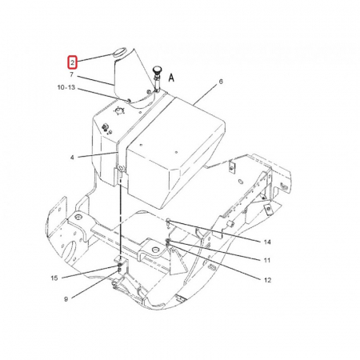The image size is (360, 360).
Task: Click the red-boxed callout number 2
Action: tap(72, 63)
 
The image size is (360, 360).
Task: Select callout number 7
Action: tap(71, 74)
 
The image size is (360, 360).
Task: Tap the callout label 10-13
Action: tap(66, 87)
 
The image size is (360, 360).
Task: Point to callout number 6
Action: tap(221, 82)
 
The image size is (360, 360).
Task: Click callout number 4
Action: tap(72, 158)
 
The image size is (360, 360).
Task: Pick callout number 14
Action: tap(267, 242)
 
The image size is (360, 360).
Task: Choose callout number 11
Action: tap(267, 260)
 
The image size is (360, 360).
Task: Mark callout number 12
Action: tap(267, 280)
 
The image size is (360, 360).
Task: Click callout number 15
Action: tap(54, 278)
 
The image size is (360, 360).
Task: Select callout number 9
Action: tap(66, 299)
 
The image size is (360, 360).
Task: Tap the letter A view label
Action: tap(171, 78)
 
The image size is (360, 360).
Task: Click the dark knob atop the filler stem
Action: tap(156, 71)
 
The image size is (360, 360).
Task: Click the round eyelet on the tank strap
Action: tap(121, 168)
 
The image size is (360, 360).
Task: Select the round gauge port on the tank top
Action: tap(120, 110)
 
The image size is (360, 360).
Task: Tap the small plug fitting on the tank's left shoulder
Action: tap(105, 126)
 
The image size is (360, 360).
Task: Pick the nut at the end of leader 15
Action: tap(119, 265)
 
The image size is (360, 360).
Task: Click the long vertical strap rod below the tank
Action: tap(121, 217)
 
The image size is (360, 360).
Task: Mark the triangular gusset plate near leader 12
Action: tap(177, 261)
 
